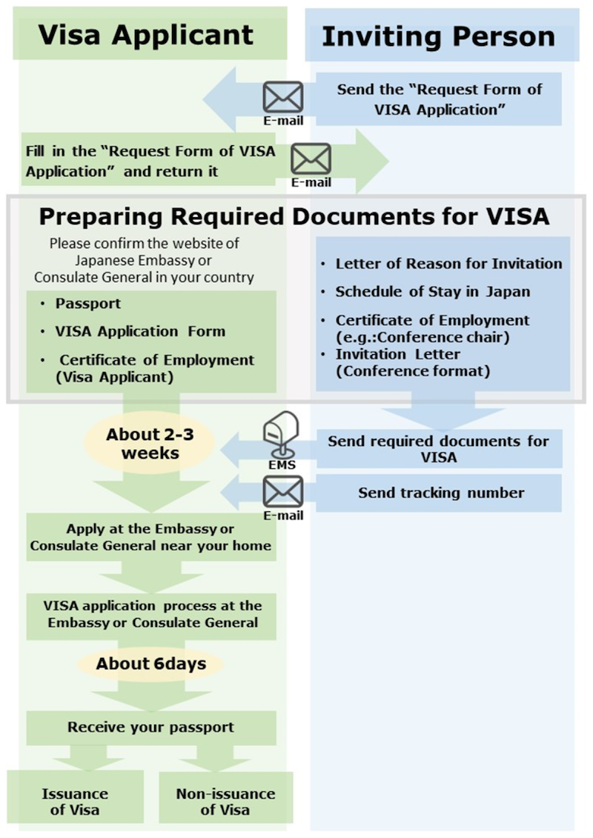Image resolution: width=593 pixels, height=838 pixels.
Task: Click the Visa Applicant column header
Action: coord(146,34)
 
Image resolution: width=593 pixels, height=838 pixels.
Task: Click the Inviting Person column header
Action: coord(438,36)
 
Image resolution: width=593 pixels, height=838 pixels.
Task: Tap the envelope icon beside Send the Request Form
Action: coord(283,97)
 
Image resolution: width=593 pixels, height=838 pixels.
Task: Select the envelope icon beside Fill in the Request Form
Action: coord(311,159)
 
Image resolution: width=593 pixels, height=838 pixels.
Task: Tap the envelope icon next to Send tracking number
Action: coord(283,491)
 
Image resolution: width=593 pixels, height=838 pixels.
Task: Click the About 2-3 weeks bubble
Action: coord(150,443)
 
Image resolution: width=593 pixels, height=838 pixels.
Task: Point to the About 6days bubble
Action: coord(150,663)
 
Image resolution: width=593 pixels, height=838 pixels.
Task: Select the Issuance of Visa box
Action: coord(75,801)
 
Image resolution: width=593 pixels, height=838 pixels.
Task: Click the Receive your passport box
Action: coord(150,727)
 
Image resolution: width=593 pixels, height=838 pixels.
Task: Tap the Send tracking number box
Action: coord(441,493)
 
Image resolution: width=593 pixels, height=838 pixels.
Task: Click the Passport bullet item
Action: coord(88,304)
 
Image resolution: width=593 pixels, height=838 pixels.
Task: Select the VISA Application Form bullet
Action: coord(140,331)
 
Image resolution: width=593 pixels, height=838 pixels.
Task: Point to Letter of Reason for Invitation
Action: coord(448,263)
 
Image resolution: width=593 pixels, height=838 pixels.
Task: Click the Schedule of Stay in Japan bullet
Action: coord(433,291)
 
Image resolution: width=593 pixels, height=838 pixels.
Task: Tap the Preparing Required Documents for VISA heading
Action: coord(294,216)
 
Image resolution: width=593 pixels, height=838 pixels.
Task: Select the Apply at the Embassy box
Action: coord(150,538)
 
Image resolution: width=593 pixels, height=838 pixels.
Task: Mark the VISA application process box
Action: coord(153,614)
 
